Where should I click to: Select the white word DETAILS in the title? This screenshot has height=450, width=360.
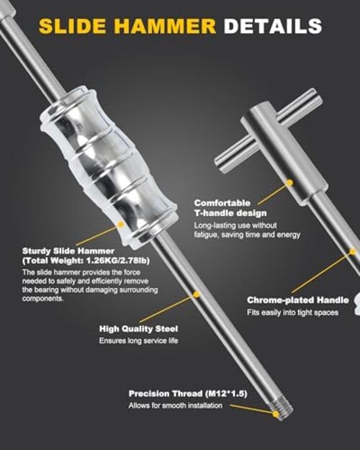click(x=273, y=26)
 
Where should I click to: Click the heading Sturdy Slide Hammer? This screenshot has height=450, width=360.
click(x=68, y=251)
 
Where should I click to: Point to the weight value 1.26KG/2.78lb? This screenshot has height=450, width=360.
click(x=117, y=261)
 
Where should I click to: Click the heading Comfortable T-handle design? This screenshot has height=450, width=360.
click(x=230, y=208)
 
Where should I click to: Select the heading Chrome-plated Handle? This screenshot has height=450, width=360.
click(x=298, y=300)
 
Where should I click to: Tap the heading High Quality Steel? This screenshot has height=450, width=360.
click(x=139, y=328)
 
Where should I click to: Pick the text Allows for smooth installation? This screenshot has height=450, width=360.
click(x=176, y=405)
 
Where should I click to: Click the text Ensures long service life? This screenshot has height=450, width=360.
click(x=139, y=341)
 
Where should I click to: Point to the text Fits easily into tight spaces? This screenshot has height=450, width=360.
click(x=292, y=312)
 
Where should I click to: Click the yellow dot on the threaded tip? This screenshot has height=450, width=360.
click(x=276, y=414)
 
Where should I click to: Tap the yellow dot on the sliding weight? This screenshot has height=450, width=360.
click(x=121, y=225)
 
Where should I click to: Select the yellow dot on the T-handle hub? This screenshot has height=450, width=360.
click(x=290, y=183)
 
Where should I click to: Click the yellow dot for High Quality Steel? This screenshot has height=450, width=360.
click(x=197, y=294)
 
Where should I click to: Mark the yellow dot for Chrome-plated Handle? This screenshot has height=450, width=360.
click(x=353, y=252)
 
